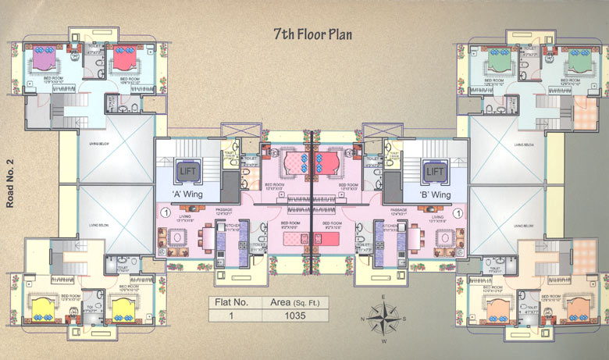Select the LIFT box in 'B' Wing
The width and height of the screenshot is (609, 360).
(x=434, y=170)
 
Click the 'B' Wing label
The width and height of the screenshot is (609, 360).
(x=435, y=193)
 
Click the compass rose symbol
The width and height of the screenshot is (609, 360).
(x=382, y=318)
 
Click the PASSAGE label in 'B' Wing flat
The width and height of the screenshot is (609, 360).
(x=400, y=211)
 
